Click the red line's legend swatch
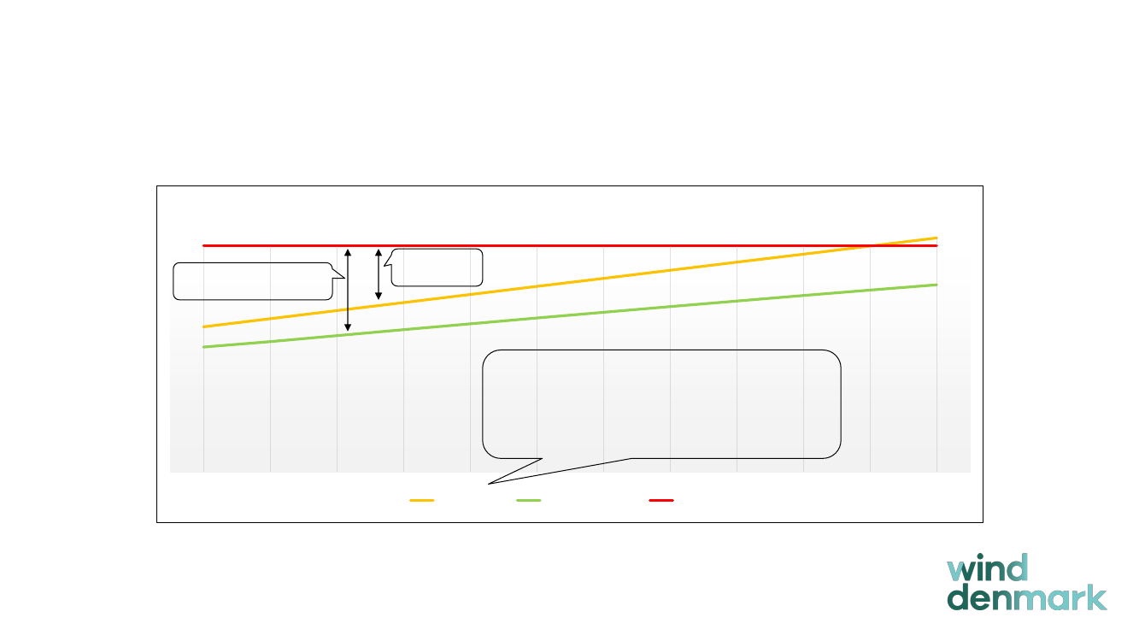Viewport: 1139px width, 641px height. click(661, 500)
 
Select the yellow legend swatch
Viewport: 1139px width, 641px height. click(422, 500)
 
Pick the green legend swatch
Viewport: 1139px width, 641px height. click(529, 500)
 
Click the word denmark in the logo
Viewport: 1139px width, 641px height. click(1026, 597)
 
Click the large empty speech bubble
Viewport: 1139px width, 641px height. click(661, 403)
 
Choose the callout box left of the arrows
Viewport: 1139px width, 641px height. click(252, 281)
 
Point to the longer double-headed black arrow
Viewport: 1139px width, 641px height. click(348, 290)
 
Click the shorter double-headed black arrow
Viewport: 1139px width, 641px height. click(379, 274)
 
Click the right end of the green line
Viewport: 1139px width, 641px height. click(937, 285)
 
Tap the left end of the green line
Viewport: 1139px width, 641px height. click(203, 347)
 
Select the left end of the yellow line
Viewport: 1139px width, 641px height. click(203, 326)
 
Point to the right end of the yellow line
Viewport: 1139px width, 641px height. click(937, 238)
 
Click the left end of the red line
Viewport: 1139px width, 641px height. click(203, 245)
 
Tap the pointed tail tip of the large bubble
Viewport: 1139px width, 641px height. click(489, 485)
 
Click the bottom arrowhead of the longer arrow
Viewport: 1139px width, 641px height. click(348, 328)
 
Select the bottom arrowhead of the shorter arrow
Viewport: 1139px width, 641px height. click(379, 297)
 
